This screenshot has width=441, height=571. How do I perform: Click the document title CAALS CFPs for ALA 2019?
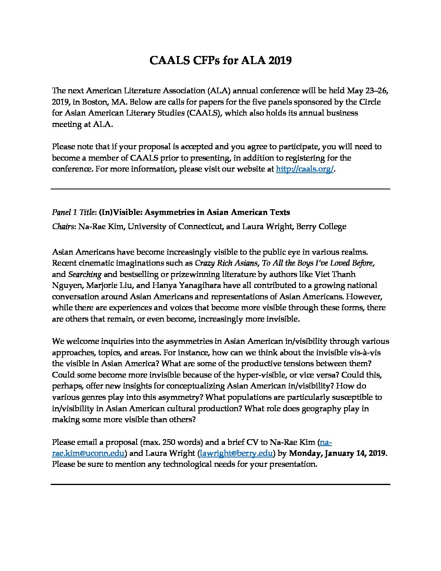pyautogui.click(x=220, y=60)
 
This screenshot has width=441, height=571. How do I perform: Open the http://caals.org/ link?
pyautogui.click(x=304, y=169)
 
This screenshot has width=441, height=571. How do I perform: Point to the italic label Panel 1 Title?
pyautogui.click(x=74, y=212)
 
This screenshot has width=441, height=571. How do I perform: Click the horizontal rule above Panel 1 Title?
pyautogui.click(x=220, y=189)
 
